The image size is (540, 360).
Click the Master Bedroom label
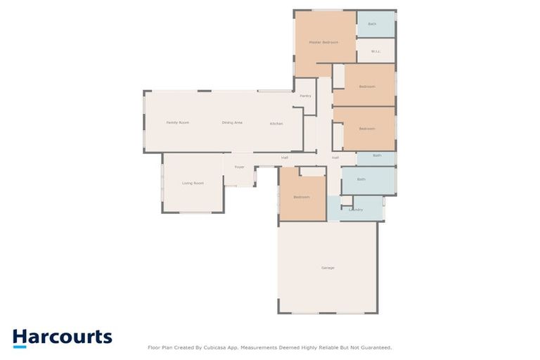[x=323, y=42]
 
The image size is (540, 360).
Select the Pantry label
[x=305, y=96]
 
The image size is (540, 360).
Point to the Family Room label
[x=177, y=123]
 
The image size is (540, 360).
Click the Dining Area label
[x=232, y=123]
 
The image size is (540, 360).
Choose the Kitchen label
[x=276, y=124]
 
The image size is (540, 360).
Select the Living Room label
[x=193, y=184]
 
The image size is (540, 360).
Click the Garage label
[x=328, y=268]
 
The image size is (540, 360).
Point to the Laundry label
[x=356, y=210]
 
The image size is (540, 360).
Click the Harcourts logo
[x=62, y=337]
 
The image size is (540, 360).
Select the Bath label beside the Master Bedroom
[x=372, y=24]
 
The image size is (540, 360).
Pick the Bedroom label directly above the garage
[x=301, y=197]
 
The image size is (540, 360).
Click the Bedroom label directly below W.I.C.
[x=367, y=86]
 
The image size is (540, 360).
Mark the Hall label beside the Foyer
[x=285, y=157]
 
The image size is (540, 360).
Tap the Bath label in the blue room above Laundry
[x=361, y=179]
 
